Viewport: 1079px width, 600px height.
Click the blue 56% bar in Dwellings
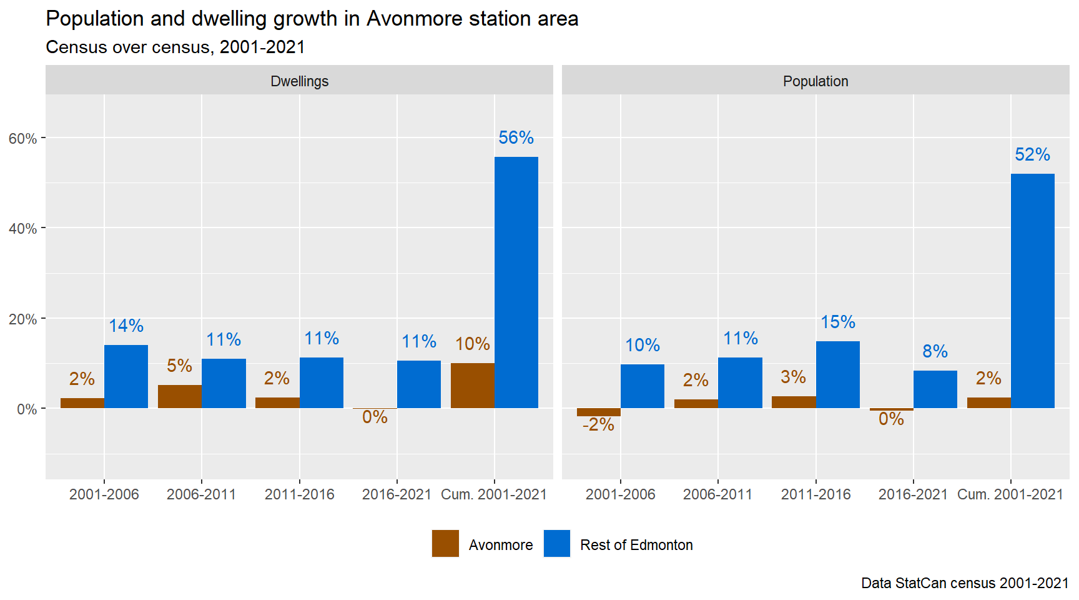pos(516,282)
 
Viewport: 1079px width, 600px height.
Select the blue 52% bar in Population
pos(1032,291)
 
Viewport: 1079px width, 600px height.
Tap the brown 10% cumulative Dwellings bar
pos(472,386)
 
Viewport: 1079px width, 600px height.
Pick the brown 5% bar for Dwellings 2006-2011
pos(180,396)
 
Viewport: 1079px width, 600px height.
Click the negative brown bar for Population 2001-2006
pos(598,412)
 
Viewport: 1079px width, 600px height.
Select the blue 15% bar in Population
pos(837,374)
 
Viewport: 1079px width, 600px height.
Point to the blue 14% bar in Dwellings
pos(126,376)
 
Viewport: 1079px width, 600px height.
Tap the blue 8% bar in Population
pos(935,389)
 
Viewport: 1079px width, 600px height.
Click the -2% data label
pos(598,425)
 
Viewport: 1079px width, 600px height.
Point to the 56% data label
pos(516,137)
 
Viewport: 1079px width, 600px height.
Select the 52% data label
pos(1032,154)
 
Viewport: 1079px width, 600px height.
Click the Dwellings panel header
pos(299,81)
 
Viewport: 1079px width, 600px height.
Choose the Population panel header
pos(815,81)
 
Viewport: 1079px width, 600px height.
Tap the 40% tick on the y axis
pos(22,229)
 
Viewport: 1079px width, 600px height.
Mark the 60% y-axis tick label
pos(22,138)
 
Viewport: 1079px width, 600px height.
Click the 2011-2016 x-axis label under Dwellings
pos(299,494)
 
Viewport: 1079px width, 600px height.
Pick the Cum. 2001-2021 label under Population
pos(1010,494)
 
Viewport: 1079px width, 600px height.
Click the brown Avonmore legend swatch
pos(445,543)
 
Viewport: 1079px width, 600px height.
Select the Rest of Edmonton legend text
pos(636,545)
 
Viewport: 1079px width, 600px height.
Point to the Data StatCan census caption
pos(964,583)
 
